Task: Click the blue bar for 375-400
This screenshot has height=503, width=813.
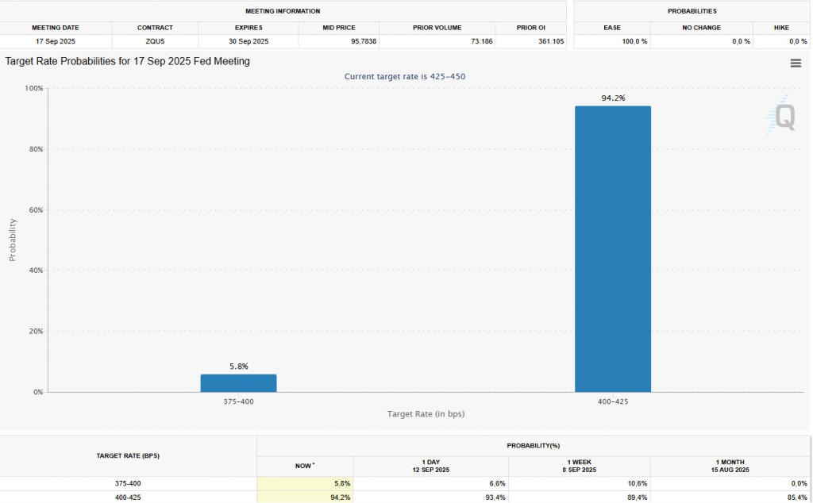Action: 238,383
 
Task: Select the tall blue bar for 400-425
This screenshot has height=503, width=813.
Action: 613,249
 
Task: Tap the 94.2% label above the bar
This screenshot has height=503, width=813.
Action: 614,98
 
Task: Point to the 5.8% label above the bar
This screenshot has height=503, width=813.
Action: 239,367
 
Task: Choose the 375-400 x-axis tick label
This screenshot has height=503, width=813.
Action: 238,401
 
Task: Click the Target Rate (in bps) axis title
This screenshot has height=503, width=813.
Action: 426,414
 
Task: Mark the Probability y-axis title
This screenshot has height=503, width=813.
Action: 13,240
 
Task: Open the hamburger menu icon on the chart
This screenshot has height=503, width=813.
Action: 796,63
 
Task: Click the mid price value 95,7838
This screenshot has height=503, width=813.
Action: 364,41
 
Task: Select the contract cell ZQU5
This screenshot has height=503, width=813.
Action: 155,41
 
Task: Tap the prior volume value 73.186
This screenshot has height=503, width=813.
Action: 482,41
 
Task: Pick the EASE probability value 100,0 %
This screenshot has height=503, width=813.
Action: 634,41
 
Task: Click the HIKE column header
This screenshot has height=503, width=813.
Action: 781,28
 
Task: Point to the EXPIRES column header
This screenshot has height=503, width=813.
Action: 249,28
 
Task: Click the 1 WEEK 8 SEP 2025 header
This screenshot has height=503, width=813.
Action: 579,466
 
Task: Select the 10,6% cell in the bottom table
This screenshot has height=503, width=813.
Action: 638,483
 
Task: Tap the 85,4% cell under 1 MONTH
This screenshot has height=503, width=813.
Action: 797,497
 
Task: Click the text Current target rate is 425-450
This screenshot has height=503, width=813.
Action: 405,77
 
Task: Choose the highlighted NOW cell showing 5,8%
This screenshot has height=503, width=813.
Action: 305,483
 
